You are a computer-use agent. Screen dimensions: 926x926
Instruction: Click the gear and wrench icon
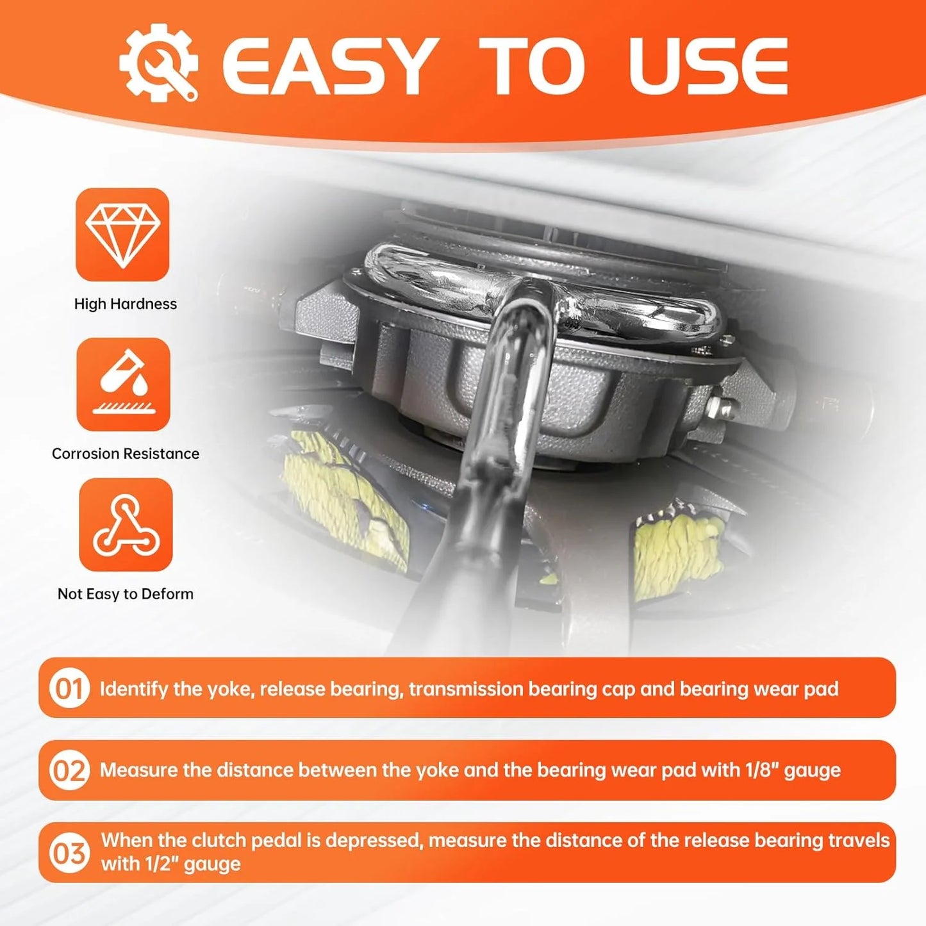(x=158, y=62)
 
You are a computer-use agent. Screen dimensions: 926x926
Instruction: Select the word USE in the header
(x=709, y=65)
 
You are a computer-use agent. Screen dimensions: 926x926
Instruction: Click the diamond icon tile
(x=122, y=235)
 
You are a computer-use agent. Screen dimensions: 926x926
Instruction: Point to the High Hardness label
(x=126, y=304)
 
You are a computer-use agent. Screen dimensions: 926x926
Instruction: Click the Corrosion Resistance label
(x=126, y=454)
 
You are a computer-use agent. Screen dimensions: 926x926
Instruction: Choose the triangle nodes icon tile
(x=126, y=524)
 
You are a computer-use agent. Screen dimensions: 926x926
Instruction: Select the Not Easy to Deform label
(x=126, y=595)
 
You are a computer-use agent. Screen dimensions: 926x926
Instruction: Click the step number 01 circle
(x=69, y=689)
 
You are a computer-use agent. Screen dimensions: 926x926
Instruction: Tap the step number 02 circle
(x=69, y=770)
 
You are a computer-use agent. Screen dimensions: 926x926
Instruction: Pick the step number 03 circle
(x=69, y=854)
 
